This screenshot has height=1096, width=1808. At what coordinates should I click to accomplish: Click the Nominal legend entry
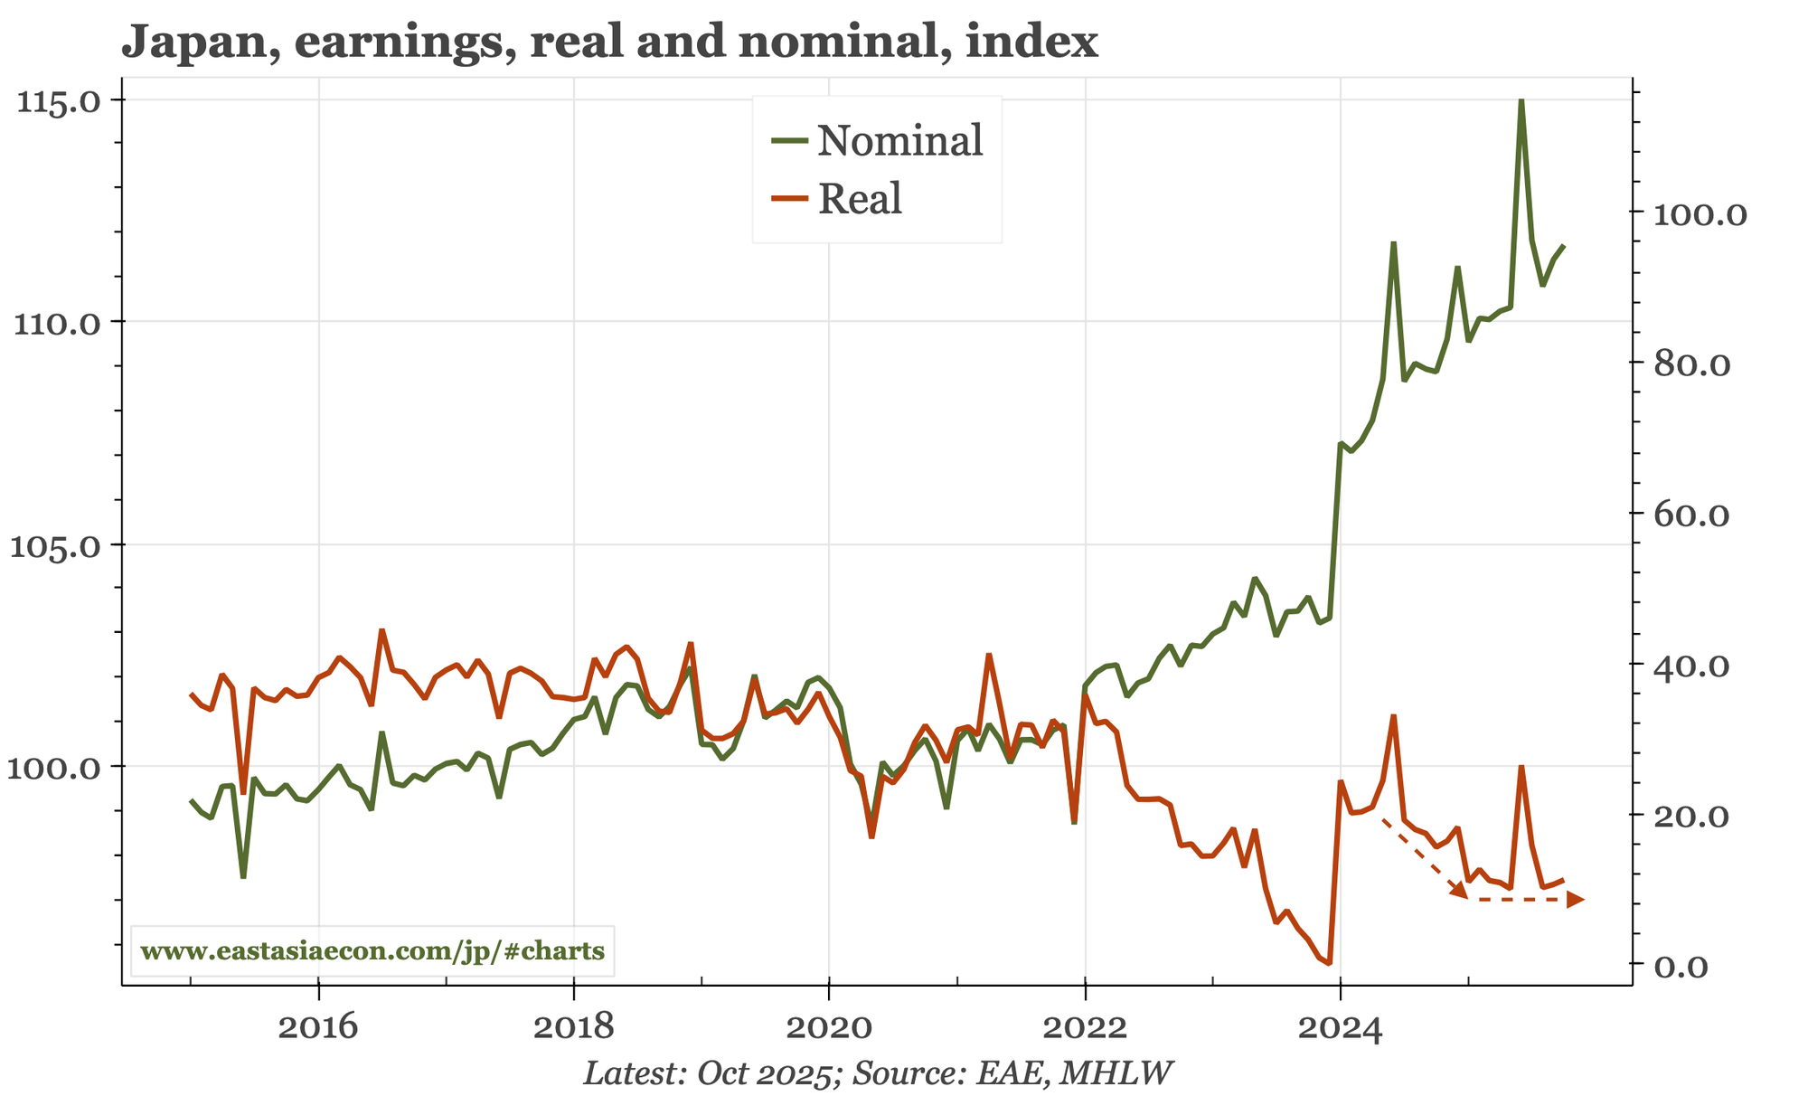pos(899,141)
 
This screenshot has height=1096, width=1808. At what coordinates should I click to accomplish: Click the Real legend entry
pos(860,199)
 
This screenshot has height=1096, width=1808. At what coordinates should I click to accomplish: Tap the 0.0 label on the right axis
pos(1681,966)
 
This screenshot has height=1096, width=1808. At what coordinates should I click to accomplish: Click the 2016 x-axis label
pos(317,1028)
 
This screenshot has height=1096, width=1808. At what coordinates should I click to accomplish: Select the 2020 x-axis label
pos(828,1028)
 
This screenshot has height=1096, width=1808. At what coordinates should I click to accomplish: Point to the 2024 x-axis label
pos(1340,1028)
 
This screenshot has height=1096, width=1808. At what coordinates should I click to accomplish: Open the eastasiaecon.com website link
pos(372,951)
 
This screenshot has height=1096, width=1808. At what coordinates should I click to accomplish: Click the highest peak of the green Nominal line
pos(1521,101)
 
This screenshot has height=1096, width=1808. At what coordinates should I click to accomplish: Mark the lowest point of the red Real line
pos(1328,963)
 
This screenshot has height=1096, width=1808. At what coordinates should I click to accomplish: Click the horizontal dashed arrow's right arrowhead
pos(1576,900)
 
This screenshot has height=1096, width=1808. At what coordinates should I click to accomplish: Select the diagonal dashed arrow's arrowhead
pos(1458,892)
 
